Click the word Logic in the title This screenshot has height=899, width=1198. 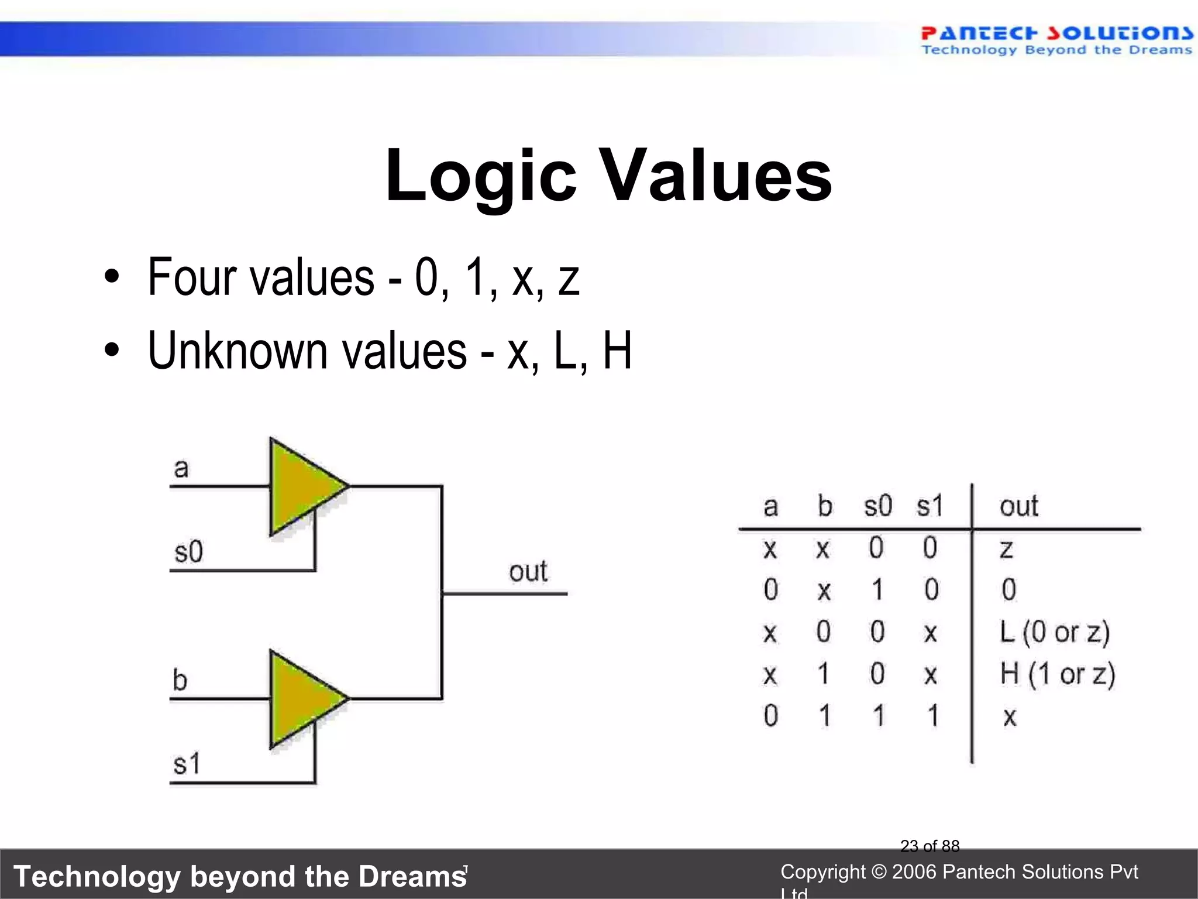pos(481,176)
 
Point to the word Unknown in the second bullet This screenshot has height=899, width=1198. pos(237,351)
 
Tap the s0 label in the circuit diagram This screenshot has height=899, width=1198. pos(188,552)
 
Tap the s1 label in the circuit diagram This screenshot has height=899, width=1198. pos(187,764)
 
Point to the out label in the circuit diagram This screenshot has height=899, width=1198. pos(528,572)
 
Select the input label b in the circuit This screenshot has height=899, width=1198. pos(180,680)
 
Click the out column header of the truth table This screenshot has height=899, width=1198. pos(1018,506)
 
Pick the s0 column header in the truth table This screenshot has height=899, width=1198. pos(878,506)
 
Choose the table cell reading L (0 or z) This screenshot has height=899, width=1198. pos(1055,632)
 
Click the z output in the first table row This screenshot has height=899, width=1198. pos(1006,549)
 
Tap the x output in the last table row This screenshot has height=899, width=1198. pos(1010,716)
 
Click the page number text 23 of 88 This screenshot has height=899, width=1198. pos(930,846)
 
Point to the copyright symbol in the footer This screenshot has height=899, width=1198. pos(879,872)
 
